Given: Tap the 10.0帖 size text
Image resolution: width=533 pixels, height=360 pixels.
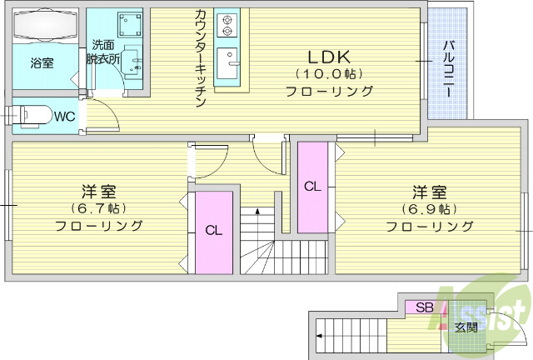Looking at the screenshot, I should coord(329,74).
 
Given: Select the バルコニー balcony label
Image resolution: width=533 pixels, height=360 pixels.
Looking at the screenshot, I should coord(447,71).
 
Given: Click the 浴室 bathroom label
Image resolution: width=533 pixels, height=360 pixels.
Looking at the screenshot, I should coord(42,62).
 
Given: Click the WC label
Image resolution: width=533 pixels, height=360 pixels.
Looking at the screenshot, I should coord(65,117).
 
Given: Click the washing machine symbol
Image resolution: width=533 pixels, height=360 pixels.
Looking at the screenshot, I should coord(129,25).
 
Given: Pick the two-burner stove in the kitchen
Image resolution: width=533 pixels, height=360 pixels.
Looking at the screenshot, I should coord(227,25).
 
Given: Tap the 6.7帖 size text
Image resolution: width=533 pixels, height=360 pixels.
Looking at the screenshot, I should coord(98,207).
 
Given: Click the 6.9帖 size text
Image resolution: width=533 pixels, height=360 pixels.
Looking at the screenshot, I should coord(428,207).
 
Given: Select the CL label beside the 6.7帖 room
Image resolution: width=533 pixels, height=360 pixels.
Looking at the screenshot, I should coord(214,231).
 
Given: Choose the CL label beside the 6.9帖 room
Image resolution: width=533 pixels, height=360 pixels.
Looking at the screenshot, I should coord(312,186).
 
